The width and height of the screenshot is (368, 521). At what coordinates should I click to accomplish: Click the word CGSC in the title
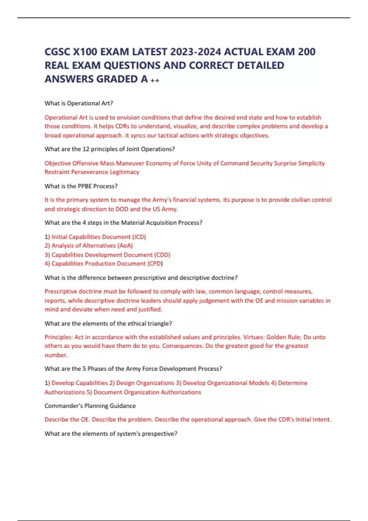57,52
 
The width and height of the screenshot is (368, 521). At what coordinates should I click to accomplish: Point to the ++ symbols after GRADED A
155,81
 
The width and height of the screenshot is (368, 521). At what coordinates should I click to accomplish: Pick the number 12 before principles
86,149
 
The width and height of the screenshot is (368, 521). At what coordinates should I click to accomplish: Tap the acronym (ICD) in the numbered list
139,237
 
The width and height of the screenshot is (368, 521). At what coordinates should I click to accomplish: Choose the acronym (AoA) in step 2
125,246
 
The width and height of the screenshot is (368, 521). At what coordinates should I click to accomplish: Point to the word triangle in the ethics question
157,324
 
